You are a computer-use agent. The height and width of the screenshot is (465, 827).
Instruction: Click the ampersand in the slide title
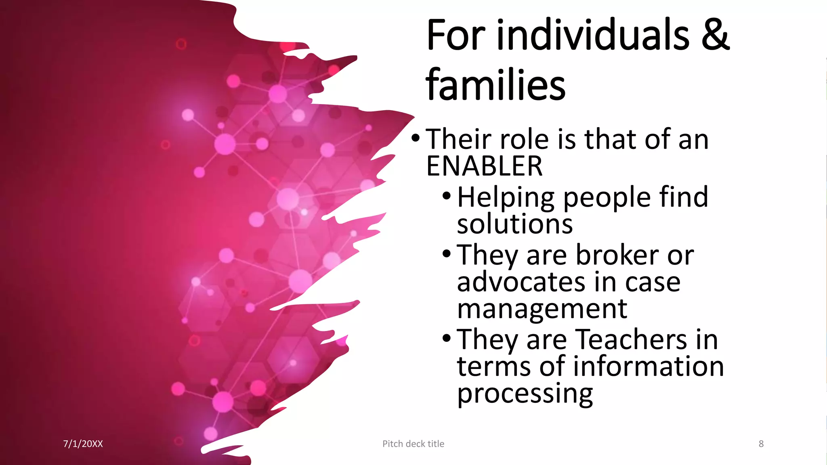(715, 36)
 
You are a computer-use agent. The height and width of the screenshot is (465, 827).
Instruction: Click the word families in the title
(495, 85)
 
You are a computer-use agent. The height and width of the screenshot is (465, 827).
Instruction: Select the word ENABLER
(484, 166)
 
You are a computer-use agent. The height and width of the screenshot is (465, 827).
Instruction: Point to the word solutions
(515, 224)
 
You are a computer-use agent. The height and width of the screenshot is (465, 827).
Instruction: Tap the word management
(542, 309)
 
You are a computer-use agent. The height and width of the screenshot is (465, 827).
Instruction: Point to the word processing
(525, 393)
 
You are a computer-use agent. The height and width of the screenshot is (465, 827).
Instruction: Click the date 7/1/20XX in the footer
(83, 444)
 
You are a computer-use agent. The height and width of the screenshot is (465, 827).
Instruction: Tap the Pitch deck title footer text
(413, 444)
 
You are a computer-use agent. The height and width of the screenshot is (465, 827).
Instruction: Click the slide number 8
(761, 444)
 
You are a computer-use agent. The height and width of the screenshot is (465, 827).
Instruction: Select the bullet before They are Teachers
(446, 338)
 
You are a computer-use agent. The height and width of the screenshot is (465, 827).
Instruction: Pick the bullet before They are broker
(446, 254)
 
